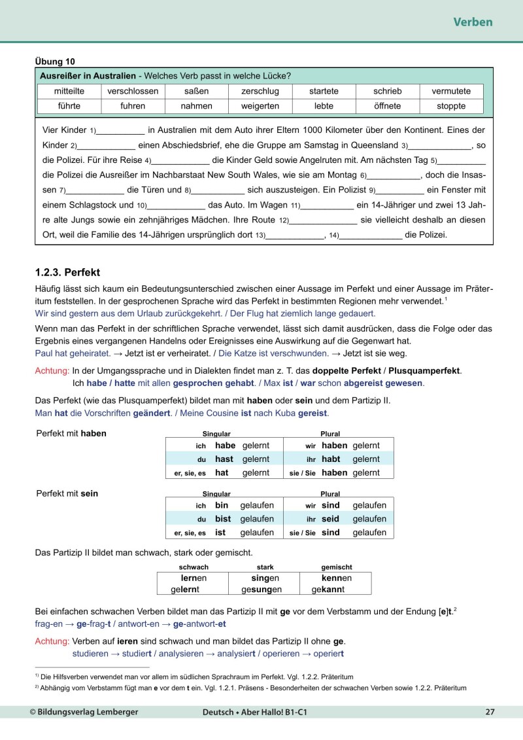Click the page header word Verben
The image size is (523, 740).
tap(473, 22)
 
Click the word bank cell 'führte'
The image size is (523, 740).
tap(69, 105)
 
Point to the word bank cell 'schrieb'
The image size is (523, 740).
tap(387, 91)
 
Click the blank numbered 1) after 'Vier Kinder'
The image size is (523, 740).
tap(121, 130)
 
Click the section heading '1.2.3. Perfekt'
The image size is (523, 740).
tap(67, 272)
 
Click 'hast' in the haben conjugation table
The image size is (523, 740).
tap(224, 459)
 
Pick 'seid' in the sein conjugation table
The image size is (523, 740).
tap(330, 519)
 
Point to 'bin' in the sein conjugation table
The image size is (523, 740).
tap(222, 505)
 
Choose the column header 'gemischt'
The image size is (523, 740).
tap(337, 567)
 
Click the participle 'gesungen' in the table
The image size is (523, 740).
tap(261, 590)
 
